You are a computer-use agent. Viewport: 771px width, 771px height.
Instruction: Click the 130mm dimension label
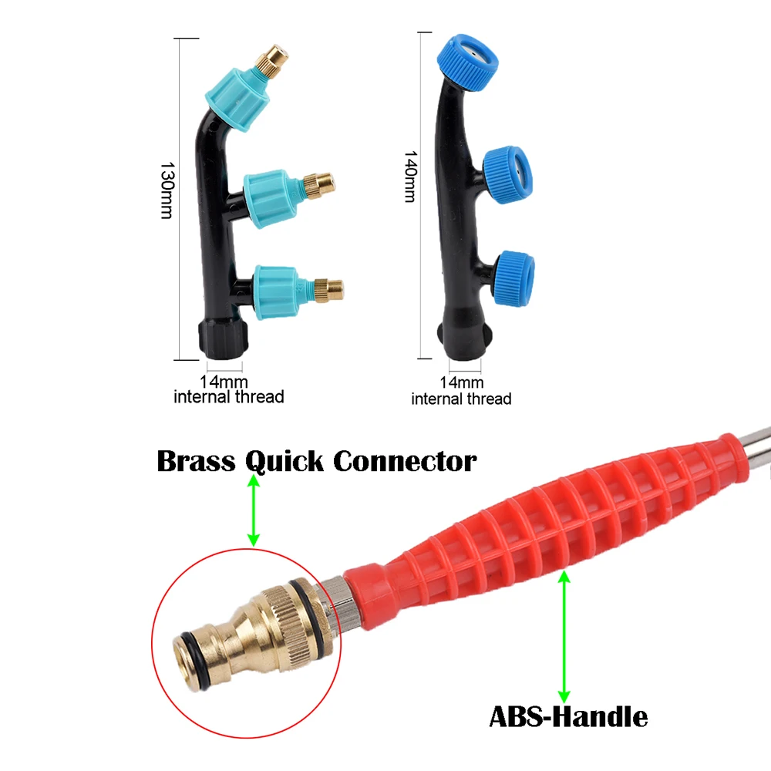tap(166, 190)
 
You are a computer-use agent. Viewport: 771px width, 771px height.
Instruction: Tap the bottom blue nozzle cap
tap(513, 270)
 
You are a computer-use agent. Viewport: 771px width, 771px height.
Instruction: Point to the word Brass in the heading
tap(196, 462)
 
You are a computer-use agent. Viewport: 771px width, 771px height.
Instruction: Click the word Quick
tap(284, 463)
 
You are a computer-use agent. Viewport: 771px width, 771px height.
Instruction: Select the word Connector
tap(405, 462)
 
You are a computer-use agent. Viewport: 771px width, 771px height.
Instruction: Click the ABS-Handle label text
tap(568, 717)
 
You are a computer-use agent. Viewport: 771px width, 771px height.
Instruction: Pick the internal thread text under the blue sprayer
tap(461, 399)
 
